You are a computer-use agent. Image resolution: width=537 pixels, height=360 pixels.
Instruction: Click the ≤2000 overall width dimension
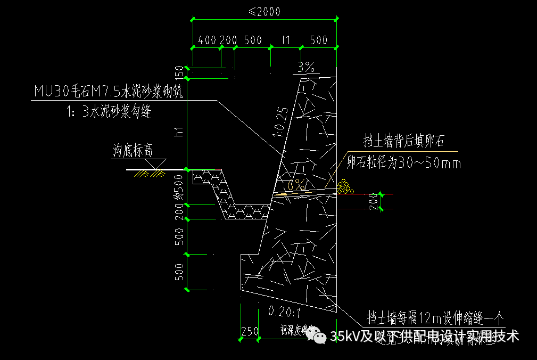click(265, 12)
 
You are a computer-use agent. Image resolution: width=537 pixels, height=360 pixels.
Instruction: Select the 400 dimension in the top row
click(206, 40)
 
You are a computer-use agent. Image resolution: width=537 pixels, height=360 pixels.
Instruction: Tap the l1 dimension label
click(286, 40)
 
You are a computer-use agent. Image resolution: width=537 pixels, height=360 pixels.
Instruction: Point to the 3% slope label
click(306, 67)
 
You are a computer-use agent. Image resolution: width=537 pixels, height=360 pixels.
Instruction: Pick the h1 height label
click(179, 131)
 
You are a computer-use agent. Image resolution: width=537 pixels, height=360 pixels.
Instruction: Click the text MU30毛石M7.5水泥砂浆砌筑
click(109, 92)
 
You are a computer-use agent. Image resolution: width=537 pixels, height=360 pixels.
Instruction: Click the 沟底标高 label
click(133, 151)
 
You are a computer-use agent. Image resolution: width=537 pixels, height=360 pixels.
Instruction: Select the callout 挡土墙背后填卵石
click(403, 142)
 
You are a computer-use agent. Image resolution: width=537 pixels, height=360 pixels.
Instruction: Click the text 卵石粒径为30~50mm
click(404, 163)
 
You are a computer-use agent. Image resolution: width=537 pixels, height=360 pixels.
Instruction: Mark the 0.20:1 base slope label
click(285, 311)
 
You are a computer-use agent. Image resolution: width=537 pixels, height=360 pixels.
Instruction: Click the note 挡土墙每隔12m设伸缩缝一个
click(434, 318)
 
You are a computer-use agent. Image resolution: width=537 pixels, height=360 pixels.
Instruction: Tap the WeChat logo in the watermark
click(319, 336)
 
